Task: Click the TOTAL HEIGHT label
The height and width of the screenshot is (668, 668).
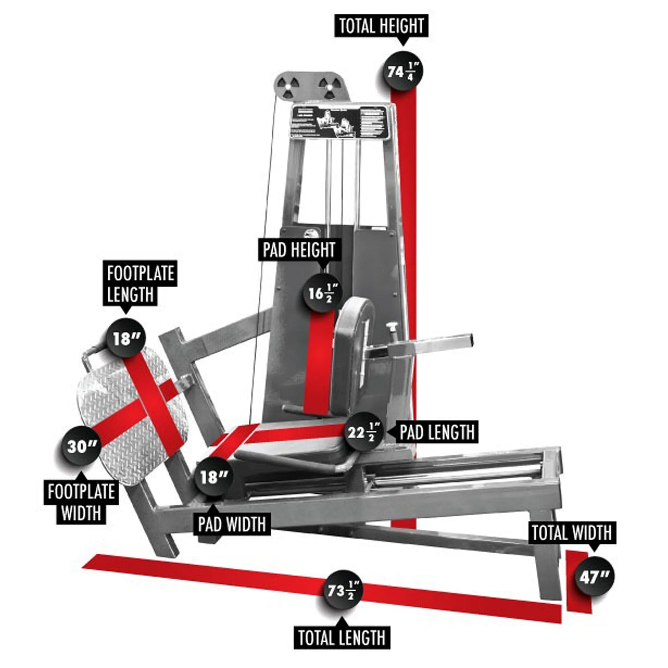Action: pyautogui.click(x=381, y=26)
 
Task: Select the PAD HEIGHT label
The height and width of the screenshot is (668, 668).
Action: pyautogui.click(x=299, y=250)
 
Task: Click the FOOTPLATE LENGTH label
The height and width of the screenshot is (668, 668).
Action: pyautogui.click(x=140, y=284)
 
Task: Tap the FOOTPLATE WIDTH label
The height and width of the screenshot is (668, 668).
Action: pyautogui.click(x=81, y=502)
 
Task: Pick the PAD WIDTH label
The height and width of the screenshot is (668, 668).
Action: pyautogui.click(x=232, y=524)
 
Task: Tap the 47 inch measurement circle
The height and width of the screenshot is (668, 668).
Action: pyautogui.click(x=594, y=578)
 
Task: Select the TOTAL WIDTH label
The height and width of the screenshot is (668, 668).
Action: pyautogui.click(x=572, y=533)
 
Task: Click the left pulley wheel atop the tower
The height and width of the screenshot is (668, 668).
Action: pyautogui.click(x=287, y=84)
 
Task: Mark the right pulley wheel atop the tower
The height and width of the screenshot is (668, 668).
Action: pyautogui.click(x=328, y=86)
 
